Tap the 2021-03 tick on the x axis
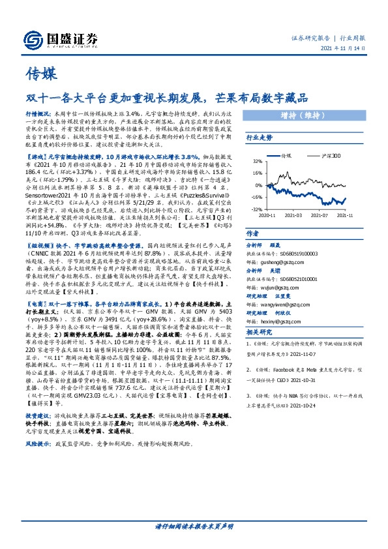pos(294,215)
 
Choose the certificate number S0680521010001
pos(301,274)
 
